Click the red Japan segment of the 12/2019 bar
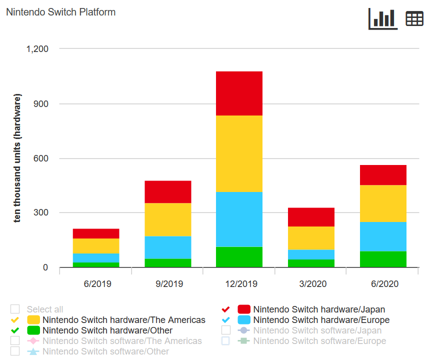(239, 93)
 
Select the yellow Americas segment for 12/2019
(239, 153)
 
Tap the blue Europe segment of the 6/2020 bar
(382, 236)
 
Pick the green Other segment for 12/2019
(239, 257)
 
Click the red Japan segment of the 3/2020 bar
(311, 217)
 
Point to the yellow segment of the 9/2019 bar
(168, 219)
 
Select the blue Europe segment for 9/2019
(168, 247)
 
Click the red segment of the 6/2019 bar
(96, 233)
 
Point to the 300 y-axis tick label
(40, 213)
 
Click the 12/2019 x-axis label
(239, 284)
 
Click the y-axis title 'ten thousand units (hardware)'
(17, 158)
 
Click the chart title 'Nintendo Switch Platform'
(60, 12)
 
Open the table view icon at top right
(414, 19)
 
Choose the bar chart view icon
(382, 19)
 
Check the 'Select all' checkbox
(15, 309)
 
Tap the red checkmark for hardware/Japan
(226, 309)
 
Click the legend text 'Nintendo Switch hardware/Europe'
(321, 320)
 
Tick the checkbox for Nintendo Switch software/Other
(15, 351)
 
